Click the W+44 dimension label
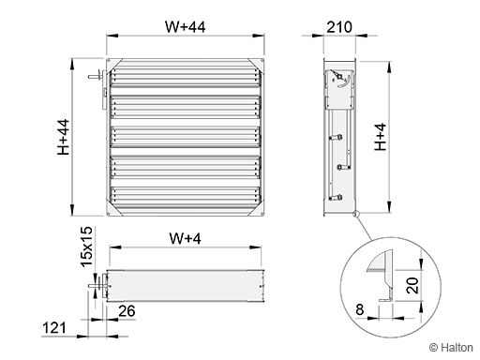click(186, 27)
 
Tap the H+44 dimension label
click(64, 137)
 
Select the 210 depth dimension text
click(339, 27)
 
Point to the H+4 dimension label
click(381, 137)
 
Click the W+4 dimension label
click(186, 239)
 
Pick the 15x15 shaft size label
click(86, 247)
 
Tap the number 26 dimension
click(127, 311)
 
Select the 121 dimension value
click(54, 328)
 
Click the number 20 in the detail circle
click(412, 285)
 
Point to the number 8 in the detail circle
click(360, 309)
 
